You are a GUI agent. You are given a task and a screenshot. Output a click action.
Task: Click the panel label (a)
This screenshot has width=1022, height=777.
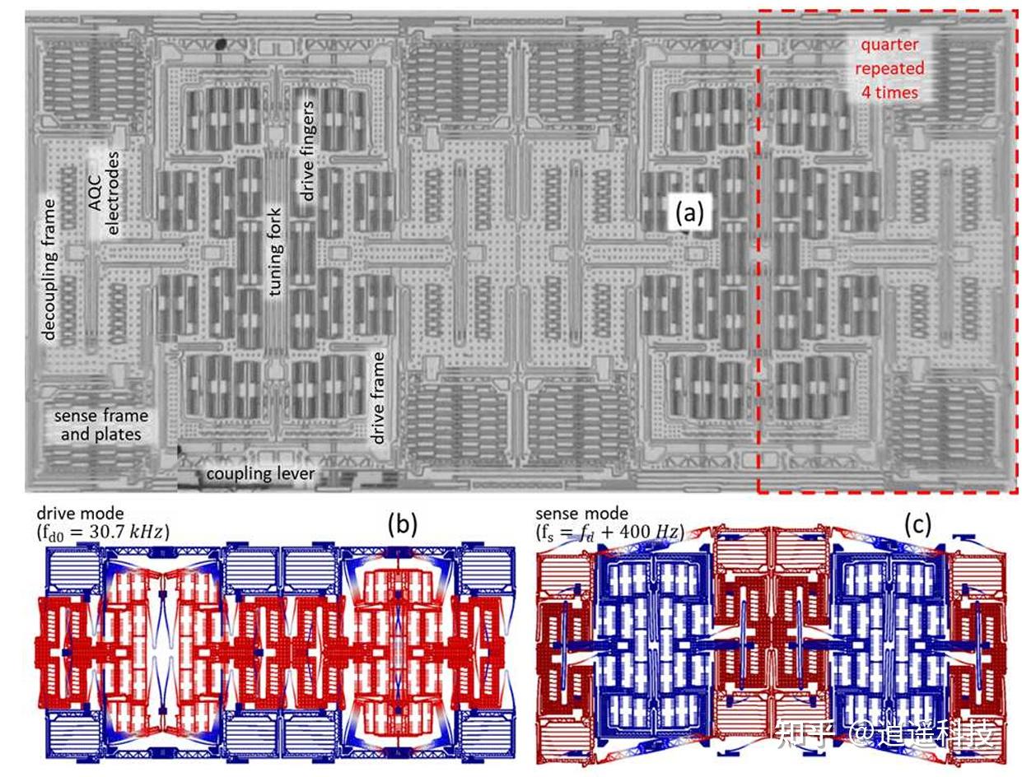tap(689, 214)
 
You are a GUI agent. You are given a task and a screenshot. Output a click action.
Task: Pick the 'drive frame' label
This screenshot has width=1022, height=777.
tap(380, 398)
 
